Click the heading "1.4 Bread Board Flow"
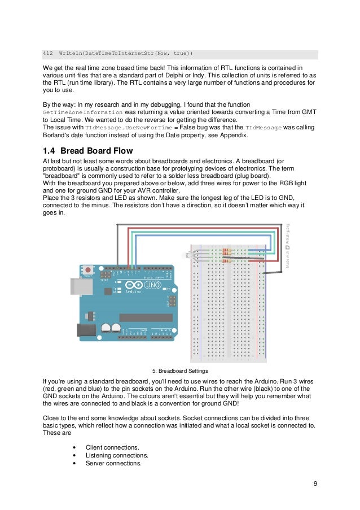coord(88,151)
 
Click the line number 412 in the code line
coord(48,54)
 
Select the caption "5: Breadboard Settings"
coord(181,371)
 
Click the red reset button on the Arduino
coord(88,271)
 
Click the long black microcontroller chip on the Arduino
coord(145,317)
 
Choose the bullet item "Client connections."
coord(112,447)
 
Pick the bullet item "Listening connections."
coord(117,455)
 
